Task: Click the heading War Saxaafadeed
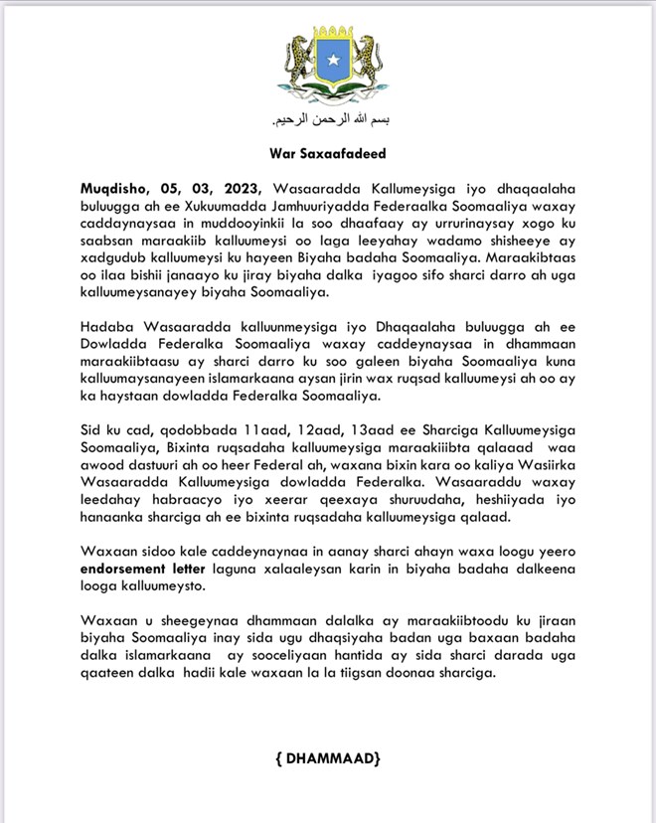point(327,154)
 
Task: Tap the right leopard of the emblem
point(362,61)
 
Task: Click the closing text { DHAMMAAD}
point(327,759)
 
